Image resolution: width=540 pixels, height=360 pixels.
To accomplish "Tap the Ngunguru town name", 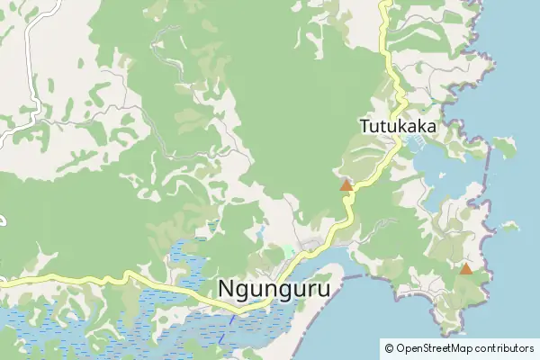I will point(274,289).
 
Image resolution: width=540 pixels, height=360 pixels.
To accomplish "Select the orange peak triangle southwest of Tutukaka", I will point(346,185).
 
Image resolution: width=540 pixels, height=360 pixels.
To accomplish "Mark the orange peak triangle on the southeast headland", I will point(465,268).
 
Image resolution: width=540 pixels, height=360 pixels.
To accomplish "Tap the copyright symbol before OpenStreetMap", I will point(389,347).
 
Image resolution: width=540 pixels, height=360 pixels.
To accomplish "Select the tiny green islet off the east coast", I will point(509,227).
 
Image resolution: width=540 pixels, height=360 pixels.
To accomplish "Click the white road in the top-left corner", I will point(34,27).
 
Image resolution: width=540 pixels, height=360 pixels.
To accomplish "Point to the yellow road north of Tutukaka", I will point(385,36).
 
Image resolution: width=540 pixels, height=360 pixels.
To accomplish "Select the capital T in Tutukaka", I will point(364,126).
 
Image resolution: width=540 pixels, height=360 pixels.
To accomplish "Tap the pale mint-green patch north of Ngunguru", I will point(288,251).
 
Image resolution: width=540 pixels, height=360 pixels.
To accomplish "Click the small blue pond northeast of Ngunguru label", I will point(260,236).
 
